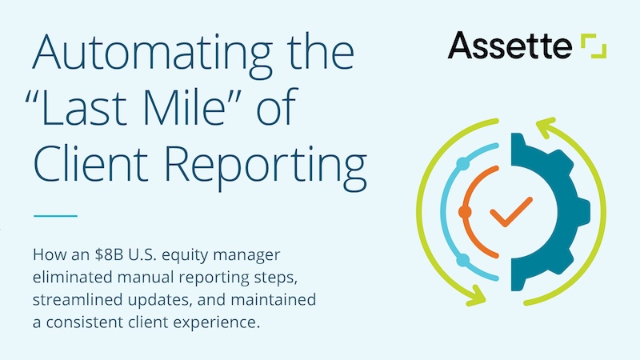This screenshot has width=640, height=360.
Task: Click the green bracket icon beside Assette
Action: [594, 46]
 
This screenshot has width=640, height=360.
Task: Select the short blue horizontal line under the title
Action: [55, 215]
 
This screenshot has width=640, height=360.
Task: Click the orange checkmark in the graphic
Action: [510, 213]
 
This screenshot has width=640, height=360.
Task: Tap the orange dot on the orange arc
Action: [465, 212]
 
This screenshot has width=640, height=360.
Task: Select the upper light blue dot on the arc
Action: [462, 165]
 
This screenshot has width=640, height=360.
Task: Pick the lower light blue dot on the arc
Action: [462, 260]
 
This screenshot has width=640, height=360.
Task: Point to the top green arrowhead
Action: [546, 125]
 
